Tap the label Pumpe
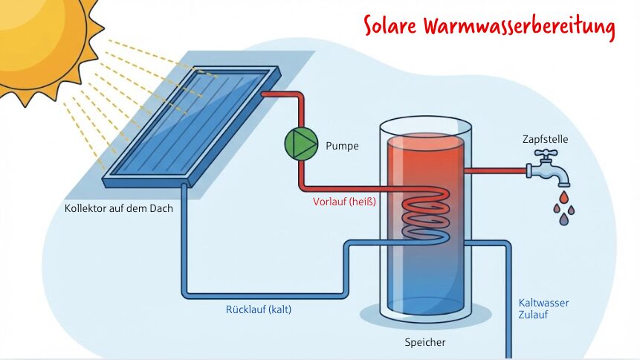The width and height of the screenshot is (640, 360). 342,146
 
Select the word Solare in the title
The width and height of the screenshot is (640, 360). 391,26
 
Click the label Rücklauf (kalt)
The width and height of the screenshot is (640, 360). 259,309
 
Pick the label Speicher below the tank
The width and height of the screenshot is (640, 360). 426,343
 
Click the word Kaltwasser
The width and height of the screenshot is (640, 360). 544,303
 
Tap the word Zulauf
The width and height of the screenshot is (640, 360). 533,315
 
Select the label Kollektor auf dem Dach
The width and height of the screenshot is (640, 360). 119,208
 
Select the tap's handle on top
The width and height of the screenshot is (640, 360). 548,153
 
